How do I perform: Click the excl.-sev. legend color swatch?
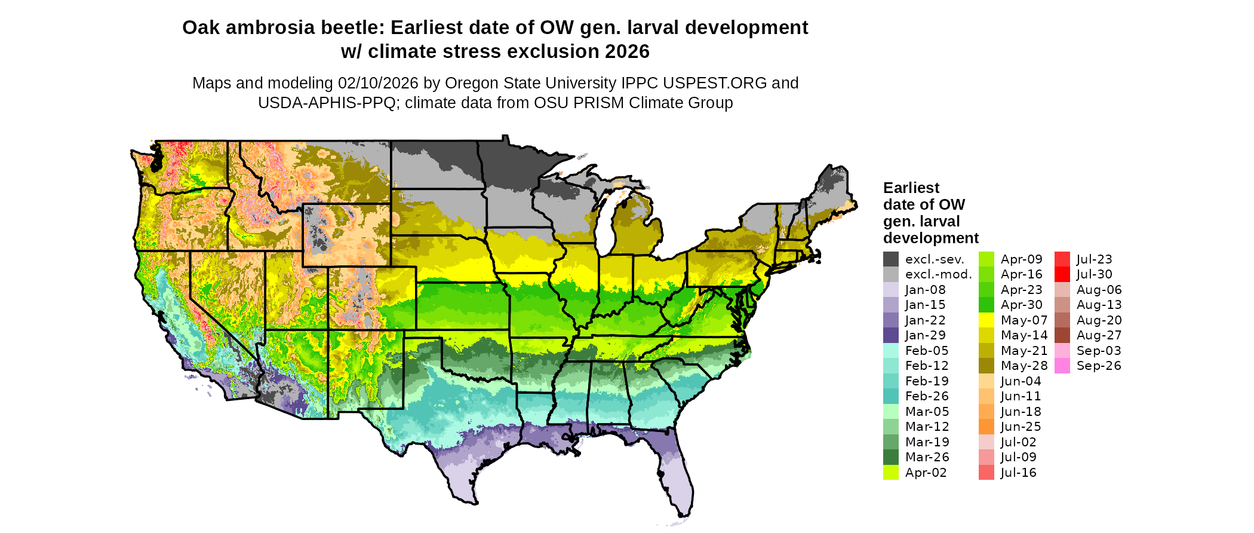(x=891, y=259)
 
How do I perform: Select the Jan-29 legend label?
(x=925, y=335)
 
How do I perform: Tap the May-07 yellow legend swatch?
(x=986, y=320)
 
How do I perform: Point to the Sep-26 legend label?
(x=1099, y=366)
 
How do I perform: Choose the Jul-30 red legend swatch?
(x=1062, y=274)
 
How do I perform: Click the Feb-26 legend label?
(x=927, y=396)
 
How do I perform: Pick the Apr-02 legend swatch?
(x=891, y=473)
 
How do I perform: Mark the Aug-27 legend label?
(x=1099, y=335)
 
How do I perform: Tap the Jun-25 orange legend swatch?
(x=986, y=427)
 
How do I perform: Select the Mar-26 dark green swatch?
(x=891, y=457)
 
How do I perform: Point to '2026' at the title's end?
(x=627, y=52)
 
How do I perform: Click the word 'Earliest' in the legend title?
(x=911, y=188)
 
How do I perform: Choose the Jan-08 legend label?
(x=925, y=290)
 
